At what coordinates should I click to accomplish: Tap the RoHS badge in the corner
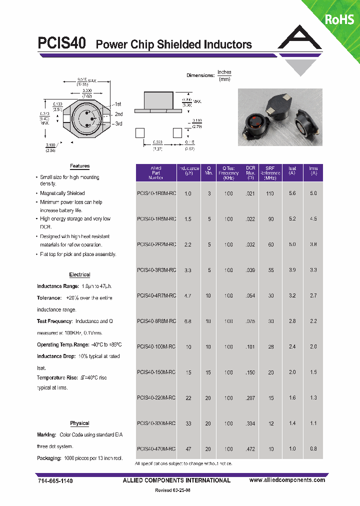(339, 19)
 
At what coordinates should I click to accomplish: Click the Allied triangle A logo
(299, 40)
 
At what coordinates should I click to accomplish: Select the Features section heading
(79, 166)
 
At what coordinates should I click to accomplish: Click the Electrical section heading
(79, 274)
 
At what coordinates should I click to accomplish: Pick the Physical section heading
(79, 423)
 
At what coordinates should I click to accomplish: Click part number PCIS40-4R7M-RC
(156, 295)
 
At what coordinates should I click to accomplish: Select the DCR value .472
(250, 449)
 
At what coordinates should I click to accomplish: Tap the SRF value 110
(270, 193)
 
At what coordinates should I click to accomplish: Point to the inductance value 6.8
(188, 321)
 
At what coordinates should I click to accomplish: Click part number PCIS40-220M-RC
(156, 397)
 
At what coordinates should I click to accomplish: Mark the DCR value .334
(250, 423)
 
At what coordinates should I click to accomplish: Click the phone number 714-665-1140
(55, 480)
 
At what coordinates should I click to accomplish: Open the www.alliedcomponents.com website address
(287, 480)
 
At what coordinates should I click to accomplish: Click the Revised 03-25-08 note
(170, 490)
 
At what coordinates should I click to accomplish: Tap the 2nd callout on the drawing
(118, 114)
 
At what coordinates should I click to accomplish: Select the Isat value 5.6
(292, 193)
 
